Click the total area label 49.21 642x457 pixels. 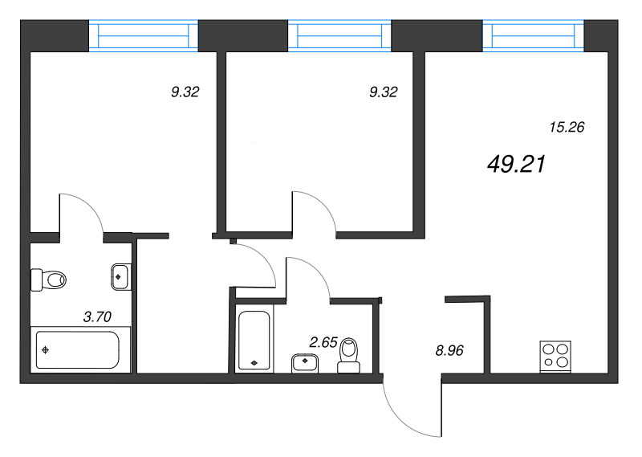pos(516,165)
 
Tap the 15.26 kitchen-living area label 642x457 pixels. pos(567,127)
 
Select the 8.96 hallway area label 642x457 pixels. pos(449,350)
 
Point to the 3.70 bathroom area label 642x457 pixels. pos(97,316)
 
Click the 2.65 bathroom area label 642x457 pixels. pos(323,342)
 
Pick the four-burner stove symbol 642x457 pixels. pos(555,356)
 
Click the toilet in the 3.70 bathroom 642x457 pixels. pos(48,280)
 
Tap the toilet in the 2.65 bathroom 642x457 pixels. pos(349,355)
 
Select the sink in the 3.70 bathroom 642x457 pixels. pos(121,276)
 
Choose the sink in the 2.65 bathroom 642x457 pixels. pos(305,364)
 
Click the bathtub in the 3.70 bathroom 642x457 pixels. pos(78,350)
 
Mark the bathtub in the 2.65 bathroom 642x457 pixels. pos(254,340)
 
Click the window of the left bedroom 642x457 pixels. pos(144,36)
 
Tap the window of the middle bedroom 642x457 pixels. pos(339,36)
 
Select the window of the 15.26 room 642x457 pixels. pos(534,36)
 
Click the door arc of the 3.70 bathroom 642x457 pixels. pos(91,205)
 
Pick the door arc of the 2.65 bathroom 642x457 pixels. pos(317,269)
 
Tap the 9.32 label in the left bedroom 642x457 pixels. pos(185,92)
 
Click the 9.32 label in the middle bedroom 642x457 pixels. pos(384,92)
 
